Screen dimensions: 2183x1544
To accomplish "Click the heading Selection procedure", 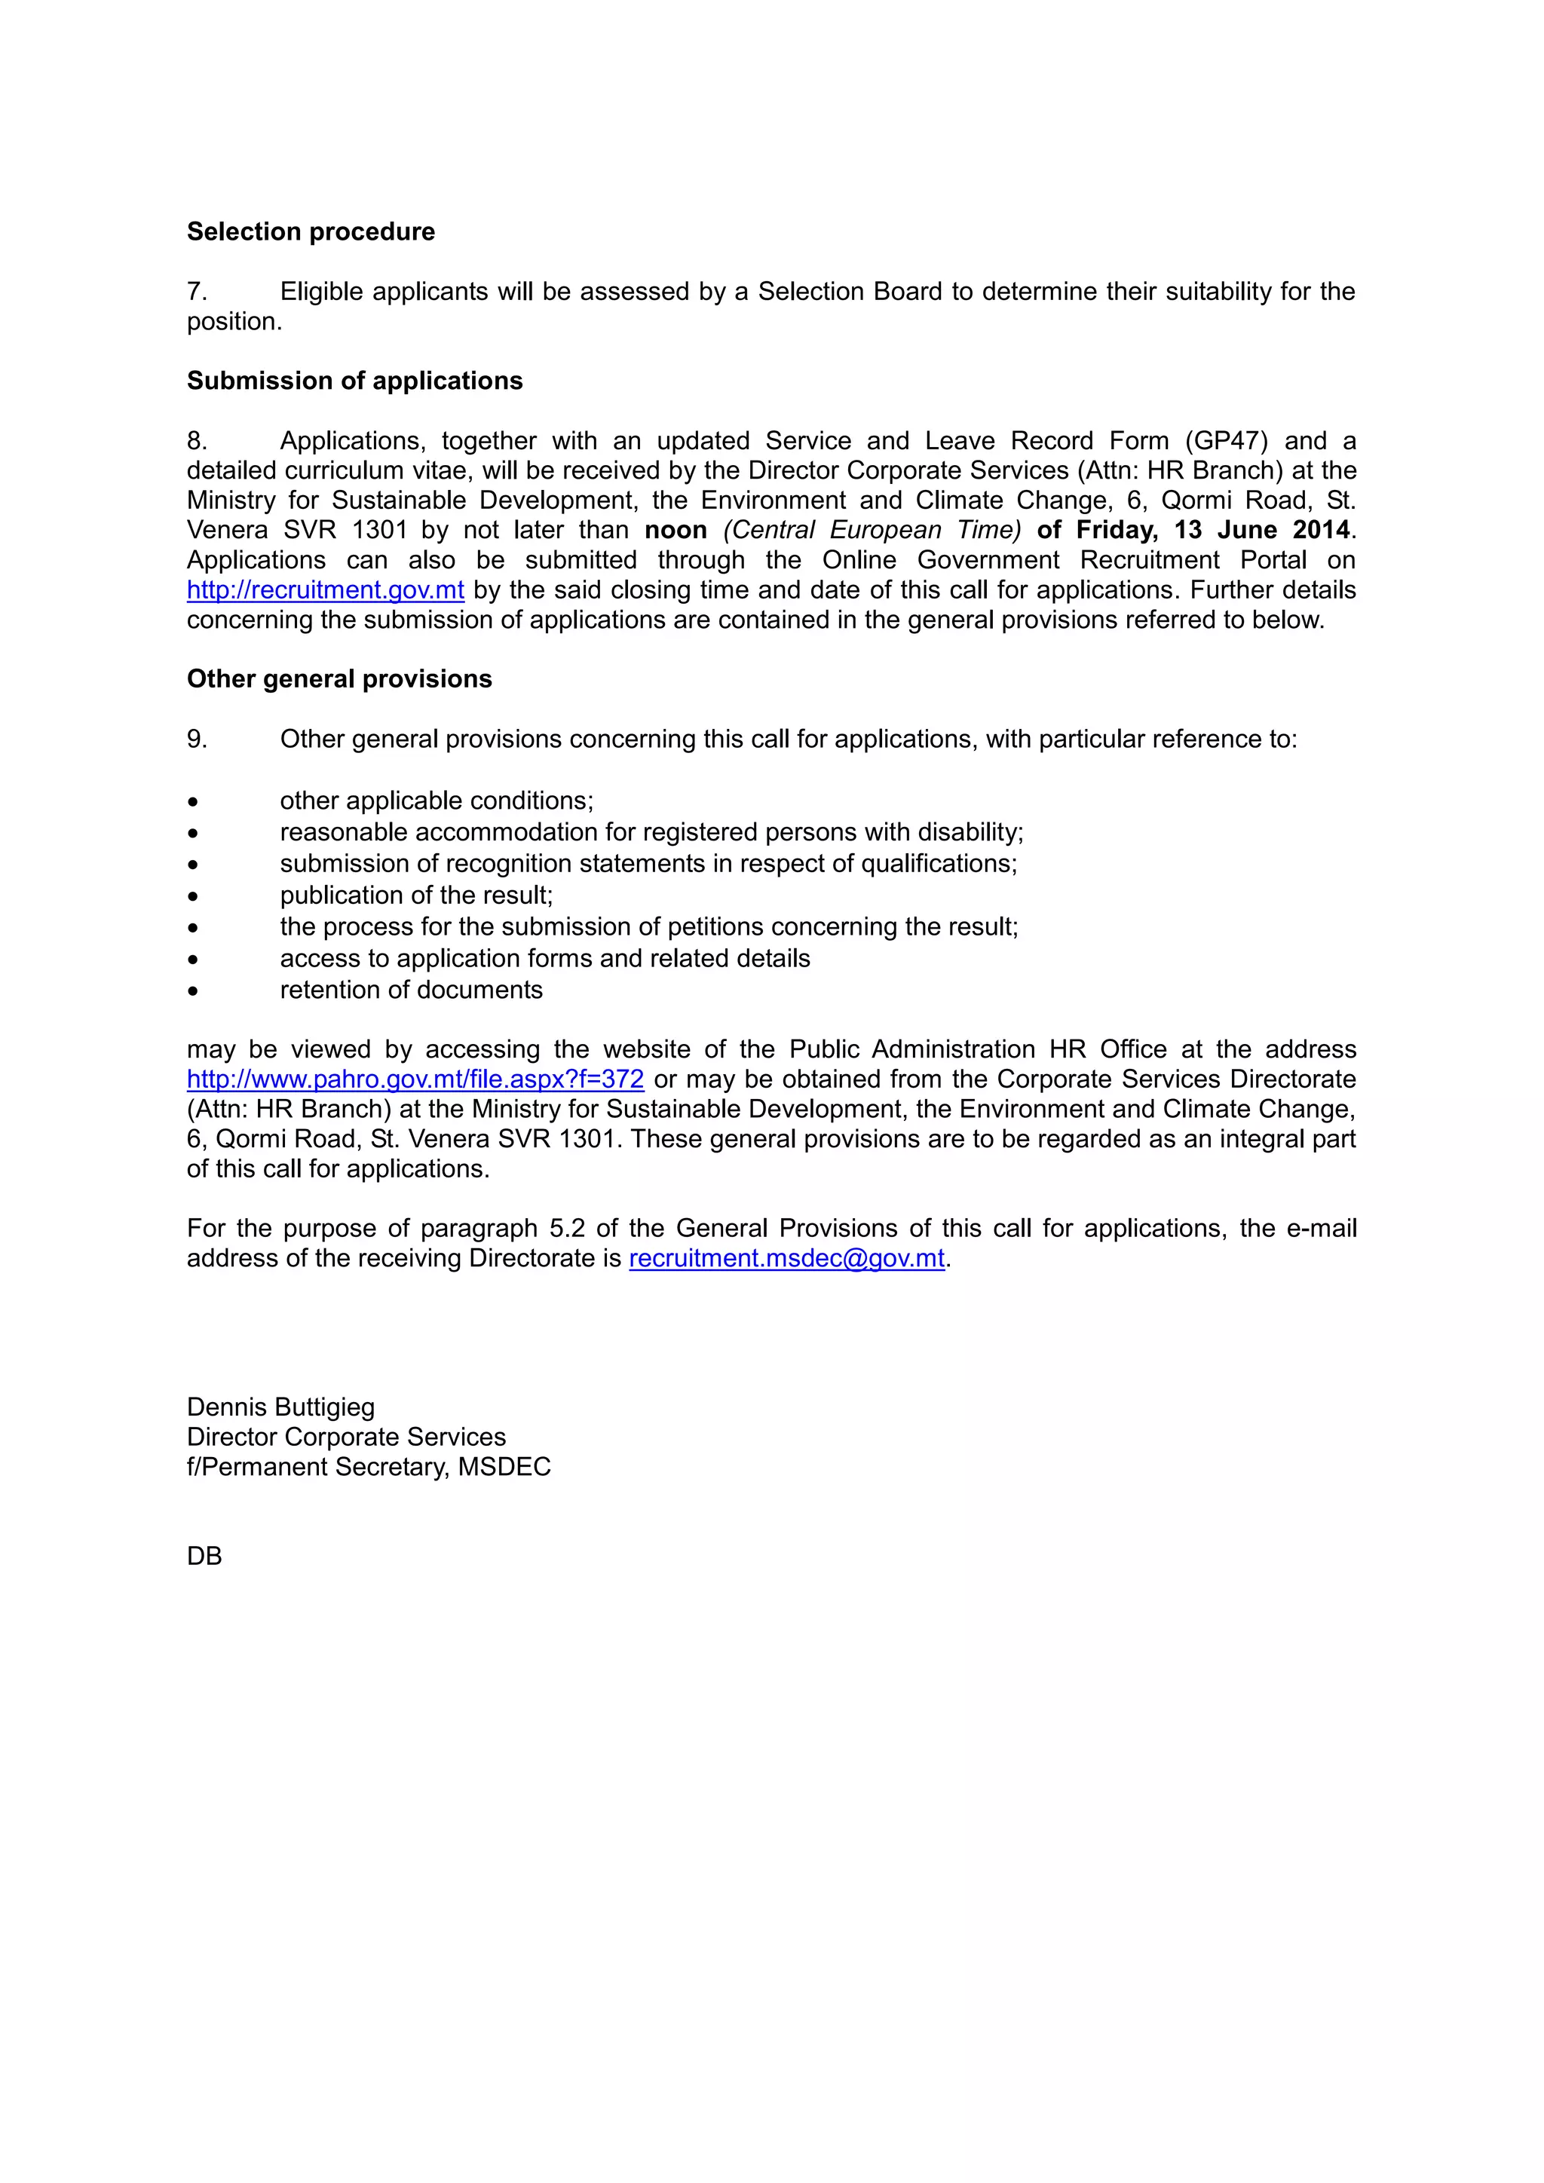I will coord(310,232).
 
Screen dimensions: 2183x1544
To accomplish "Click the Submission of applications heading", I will coord(354,381).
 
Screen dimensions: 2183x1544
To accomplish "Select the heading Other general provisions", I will coord(339,679).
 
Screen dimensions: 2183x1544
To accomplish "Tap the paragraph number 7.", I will coord(196,292).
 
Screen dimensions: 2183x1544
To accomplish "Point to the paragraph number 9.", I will coord(196,739).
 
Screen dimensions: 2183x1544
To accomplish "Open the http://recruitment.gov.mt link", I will coord(325,590).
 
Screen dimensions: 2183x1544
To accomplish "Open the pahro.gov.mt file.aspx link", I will coord(415,1080).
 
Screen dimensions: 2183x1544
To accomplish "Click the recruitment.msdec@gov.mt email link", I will coord(786,1259).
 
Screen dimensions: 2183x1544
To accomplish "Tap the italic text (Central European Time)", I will coord(871,531).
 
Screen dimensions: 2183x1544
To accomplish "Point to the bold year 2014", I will coord(1321,531).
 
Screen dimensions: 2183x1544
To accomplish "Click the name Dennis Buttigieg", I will coord(280,1407).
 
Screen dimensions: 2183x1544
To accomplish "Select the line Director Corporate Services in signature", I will coord(346,1437).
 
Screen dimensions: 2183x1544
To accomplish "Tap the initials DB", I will coord(204,1557).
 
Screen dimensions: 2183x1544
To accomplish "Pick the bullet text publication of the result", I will coord(415,896).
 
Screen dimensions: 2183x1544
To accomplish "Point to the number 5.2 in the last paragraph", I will coord(567,1229).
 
